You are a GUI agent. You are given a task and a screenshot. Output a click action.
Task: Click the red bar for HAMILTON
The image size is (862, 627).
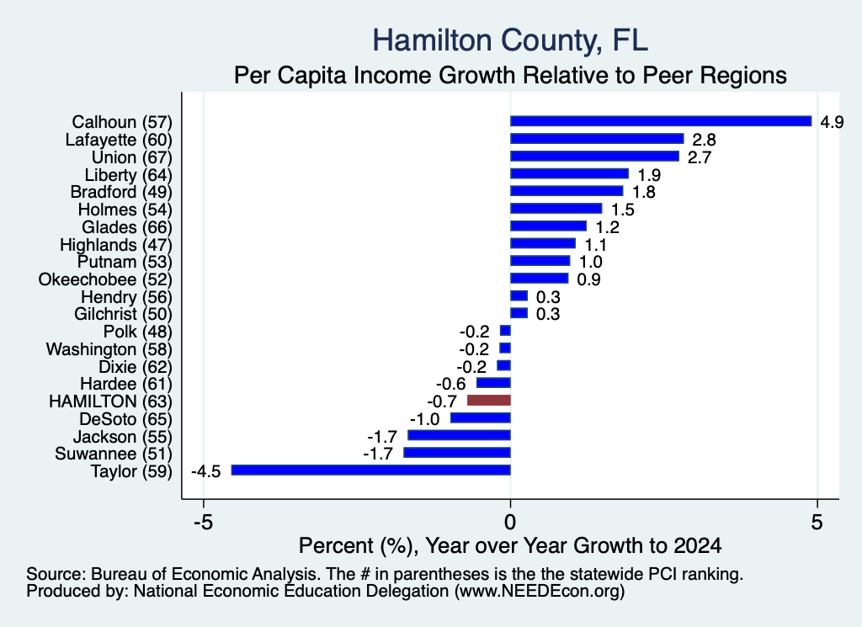489,400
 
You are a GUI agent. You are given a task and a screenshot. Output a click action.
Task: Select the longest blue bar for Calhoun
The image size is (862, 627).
661,121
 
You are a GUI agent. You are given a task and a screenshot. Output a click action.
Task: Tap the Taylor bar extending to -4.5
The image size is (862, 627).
371,470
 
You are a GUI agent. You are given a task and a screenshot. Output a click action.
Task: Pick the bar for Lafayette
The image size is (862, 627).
597,139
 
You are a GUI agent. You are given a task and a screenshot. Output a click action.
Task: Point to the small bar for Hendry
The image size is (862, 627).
519,296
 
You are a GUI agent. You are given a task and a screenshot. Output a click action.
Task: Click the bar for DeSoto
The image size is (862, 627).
481,417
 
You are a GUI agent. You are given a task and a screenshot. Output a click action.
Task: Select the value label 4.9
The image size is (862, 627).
832,121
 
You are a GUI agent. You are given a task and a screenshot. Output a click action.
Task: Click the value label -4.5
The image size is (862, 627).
205,471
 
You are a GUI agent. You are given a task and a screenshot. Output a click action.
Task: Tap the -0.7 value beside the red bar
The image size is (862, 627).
442,401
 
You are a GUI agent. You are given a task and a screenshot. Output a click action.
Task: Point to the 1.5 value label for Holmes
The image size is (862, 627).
623,210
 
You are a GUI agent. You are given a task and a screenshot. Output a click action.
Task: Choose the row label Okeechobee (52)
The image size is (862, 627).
105,279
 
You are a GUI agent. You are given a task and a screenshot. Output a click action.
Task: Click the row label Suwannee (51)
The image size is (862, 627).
114,454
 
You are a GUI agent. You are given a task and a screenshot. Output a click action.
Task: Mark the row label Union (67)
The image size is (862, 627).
132,157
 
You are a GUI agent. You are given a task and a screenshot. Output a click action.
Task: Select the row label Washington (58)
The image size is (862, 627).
109,349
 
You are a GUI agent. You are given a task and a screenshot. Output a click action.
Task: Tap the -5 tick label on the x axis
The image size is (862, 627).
204,522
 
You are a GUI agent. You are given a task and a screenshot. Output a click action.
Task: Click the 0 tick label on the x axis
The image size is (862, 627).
510,522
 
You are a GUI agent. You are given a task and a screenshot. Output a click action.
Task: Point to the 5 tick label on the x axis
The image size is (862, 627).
817,522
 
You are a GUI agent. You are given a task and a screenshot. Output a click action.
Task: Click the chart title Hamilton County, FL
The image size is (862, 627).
510,40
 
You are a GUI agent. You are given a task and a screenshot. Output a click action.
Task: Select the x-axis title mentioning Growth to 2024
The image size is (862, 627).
510,545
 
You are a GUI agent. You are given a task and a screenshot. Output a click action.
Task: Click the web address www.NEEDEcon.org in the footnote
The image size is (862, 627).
540,591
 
